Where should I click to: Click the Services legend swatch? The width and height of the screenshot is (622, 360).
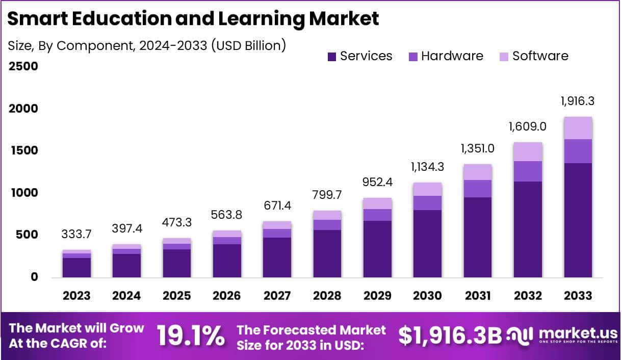pos(332,56)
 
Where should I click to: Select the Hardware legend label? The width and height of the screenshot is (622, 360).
pos(452,56)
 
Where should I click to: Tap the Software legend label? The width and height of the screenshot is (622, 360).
pos(540,56)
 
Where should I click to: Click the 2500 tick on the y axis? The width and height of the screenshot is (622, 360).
pos(23,67)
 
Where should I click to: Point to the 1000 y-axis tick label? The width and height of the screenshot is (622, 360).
pos(23,193)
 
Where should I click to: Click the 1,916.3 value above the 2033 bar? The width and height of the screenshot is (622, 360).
pos(577,101)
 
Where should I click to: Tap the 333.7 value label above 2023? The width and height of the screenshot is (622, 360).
pos(77,234)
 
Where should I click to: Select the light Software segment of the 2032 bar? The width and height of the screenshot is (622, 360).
pos(528,151)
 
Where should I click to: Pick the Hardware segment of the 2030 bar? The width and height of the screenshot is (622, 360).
pos(427,203)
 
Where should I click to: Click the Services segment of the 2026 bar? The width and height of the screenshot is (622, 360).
pos(227,261)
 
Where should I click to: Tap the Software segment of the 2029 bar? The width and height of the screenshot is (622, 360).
pos(377,203)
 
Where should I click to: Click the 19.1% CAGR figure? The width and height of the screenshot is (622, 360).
pos(190,336)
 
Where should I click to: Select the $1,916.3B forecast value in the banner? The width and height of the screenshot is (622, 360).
pos(450,336)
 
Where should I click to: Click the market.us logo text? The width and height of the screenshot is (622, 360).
pos(578,334)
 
